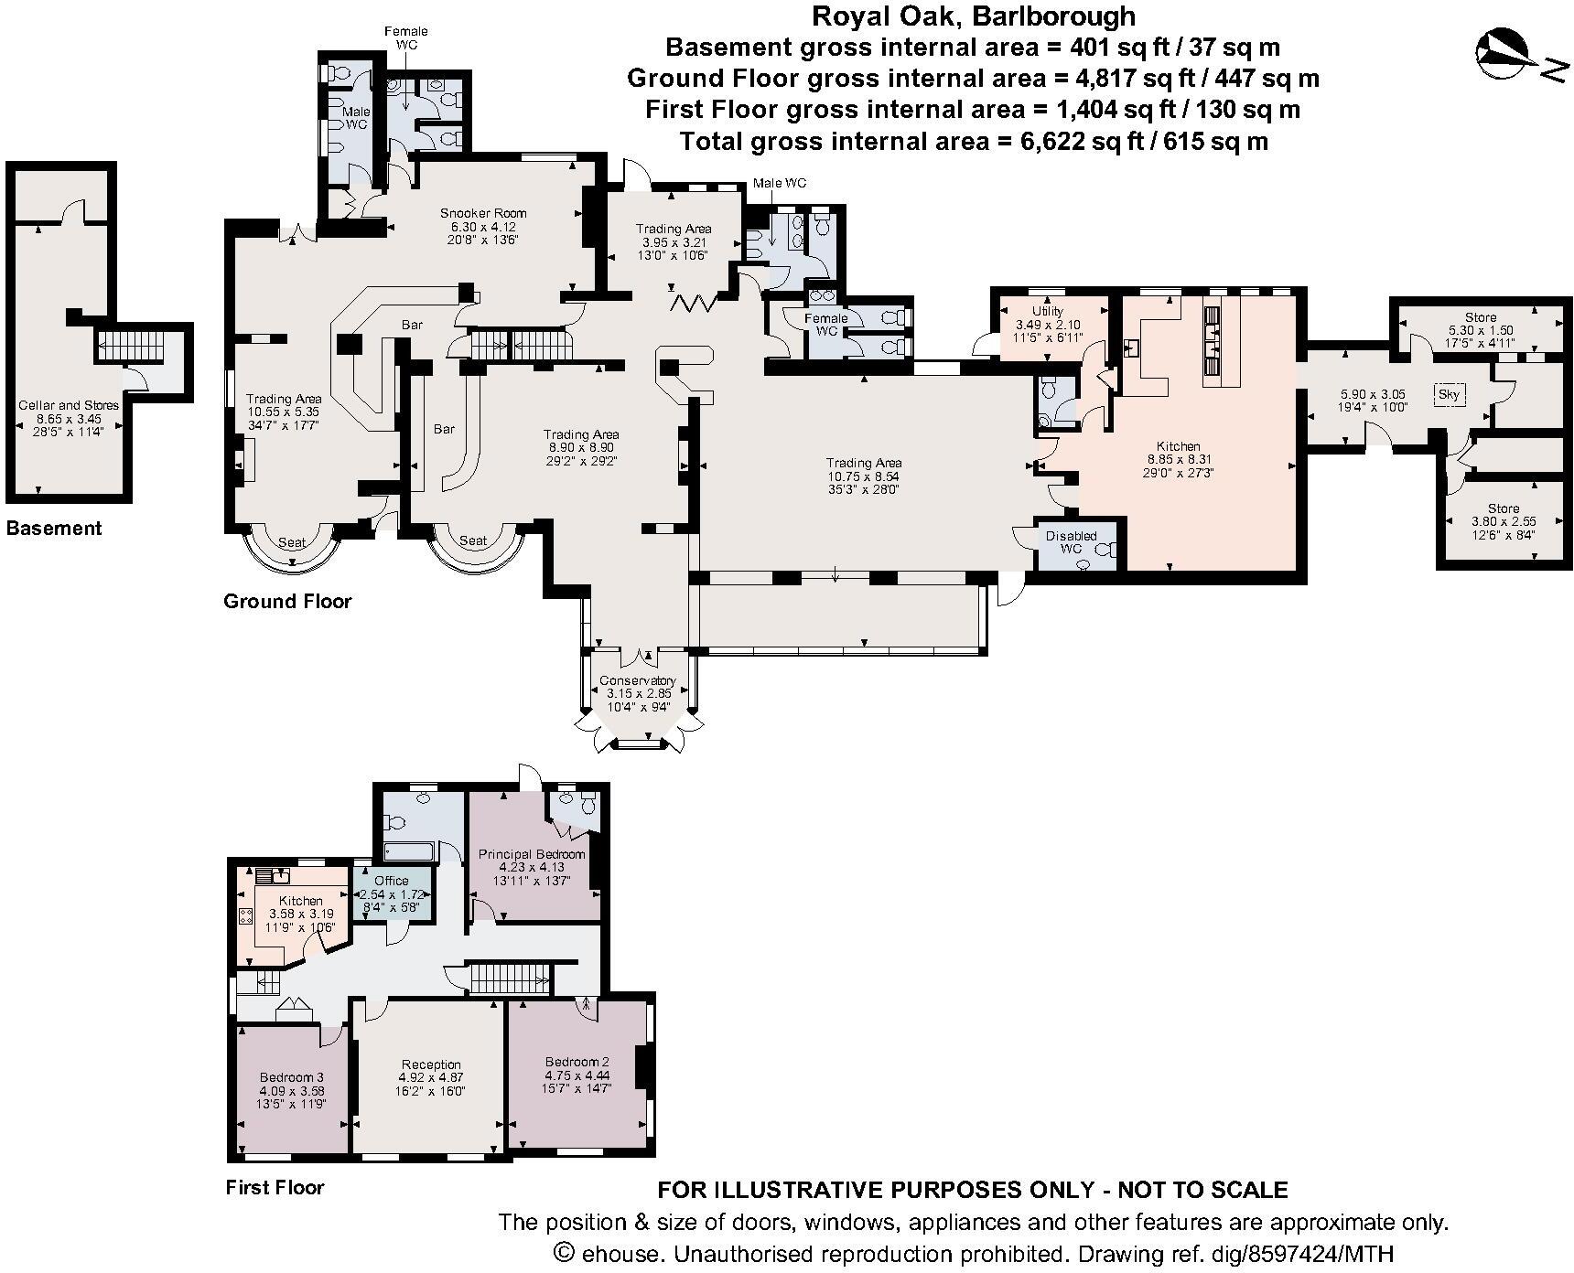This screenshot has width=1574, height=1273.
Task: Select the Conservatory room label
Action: click(x=637, y=680)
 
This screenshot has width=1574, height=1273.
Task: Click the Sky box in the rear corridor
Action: click(x=1449, y=394)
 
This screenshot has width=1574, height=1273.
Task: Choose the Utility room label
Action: click(x=1048, y=312)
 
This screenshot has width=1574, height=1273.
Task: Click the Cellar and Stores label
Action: click(x=69, y=405)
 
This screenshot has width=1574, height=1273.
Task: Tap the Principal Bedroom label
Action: click(x=532, y=854)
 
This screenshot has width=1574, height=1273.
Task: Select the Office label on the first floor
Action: click(x=391, y=881)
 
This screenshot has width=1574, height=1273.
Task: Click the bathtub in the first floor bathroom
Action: click(x=408, y=851)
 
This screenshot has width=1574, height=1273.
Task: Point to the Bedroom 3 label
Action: click(x=291, y=1077)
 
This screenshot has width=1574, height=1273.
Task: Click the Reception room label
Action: click(x=431, y=1064)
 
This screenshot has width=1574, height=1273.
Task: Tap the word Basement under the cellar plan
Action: click(x=54, y=528)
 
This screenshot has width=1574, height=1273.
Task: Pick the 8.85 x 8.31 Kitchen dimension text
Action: click(x=1177, y=460)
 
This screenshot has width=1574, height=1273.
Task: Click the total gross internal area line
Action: click(x=974, y=142)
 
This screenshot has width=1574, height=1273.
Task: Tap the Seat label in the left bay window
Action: click(x=292, y=542)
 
